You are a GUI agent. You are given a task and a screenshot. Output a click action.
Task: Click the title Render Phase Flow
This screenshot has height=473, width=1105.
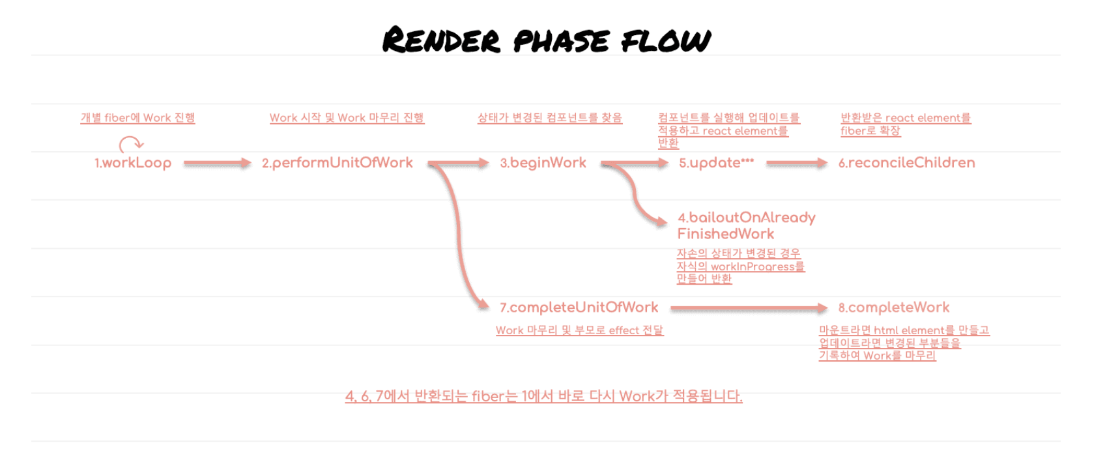[546, 40]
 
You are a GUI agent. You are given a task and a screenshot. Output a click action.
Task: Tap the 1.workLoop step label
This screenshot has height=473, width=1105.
[133, 163]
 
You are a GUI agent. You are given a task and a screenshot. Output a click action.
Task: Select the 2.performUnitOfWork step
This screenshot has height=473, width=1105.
[337, 163]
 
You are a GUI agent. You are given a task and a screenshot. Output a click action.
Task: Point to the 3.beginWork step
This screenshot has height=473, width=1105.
[543, 163]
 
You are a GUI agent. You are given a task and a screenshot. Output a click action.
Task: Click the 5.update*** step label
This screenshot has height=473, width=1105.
[716, 163]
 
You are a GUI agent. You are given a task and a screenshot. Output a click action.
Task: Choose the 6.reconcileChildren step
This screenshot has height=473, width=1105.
[906, 163]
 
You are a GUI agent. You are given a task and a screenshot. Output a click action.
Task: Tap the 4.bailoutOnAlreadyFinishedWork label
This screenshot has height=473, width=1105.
[746, 225]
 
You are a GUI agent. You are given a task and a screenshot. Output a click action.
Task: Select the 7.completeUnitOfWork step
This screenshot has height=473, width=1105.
[579, 308]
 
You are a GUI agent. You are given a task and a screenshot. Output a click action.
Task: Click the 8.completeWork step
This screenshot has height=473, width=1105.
[893, 308]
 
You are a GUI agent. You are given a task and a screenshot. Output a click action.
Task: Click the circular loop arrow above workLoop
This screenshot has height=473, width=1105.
[130, 144]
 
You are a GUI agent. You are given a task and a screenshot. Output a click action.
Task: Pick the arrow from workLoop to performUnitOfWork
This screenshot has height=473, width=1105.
[216, 163]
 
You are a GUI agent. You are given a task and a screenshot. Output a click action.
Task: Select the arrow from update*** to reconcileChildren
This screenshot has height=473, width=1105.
[796, 163]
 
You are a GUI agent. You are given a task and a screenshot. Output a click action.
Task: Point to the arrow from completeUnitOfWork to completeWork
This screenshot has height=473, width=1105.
[748, 308]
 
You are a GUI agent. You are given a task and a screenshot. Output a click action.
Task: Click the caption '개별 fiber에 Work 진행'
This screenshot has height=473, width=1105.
[137, 118]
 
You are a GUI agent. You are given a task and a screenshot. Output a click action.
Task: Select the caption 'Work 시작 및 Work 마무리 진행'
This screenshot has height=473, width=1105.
[347, 118]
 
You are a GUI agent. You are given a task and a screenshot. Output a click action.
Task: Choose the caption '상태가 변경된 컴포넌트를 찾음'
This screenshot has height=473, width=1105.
[549, 118]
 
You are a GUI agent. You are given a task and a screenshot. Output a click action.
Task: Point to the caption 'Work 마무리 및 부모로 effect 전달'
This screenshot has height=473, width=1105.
[579, 330]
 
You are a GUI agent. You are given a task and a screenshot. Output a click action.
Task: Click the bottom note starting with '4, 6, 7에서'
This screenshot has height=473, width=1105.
[543, 396]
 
